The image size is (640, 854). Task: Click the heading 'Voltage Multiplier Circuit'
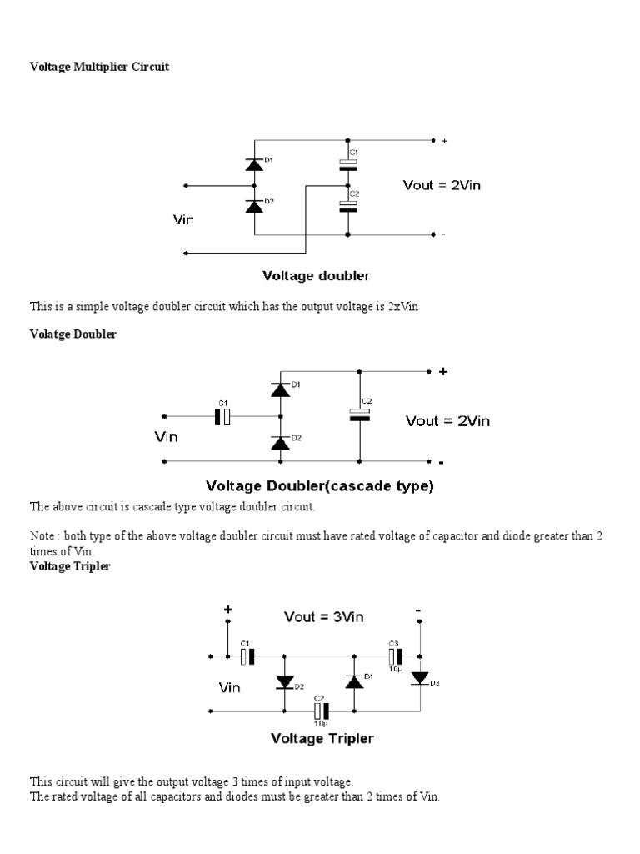point(99,67)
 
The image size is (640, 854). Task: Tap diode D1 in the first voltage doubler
point(255,164)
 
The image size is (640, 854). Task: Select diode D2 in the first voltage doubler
point(255,205)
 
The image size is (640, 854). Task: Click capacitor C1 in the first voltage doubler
point(349,165)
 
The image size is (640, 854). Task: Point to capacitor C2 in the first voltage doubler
point(349,206)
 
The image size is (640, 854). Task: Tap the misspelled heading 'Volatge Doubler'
point(73,334)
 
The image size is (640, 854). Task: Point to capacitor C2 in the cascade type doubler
point(359,414)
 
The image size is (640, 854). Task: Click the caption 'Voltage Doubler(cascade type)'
point(320,485)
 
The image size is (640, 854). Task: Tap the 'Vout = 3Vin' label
point(324,618)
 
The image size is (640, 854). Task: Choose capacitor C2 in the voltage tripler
point(321,711)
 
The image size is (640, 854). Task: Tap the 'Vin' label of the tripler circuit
point(229,688)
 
